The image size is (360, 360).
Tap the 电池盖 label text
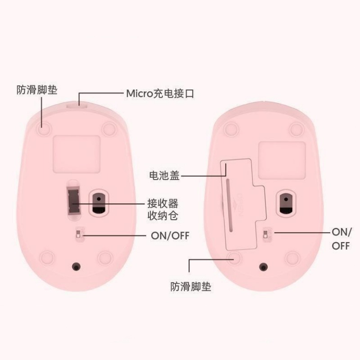(x=164, y=175)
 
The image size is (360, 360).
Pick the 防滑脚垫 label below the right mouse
(x=191, y=286)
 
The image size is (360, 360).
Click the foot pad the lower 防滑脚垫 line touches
(x=233, y=257)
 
